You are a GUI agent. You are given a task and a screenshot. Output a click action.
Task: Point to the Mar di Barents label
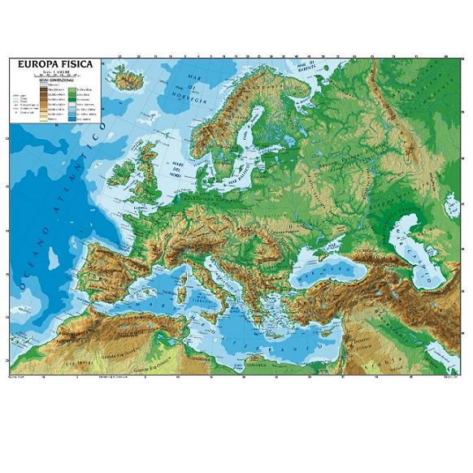(306, 64)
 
